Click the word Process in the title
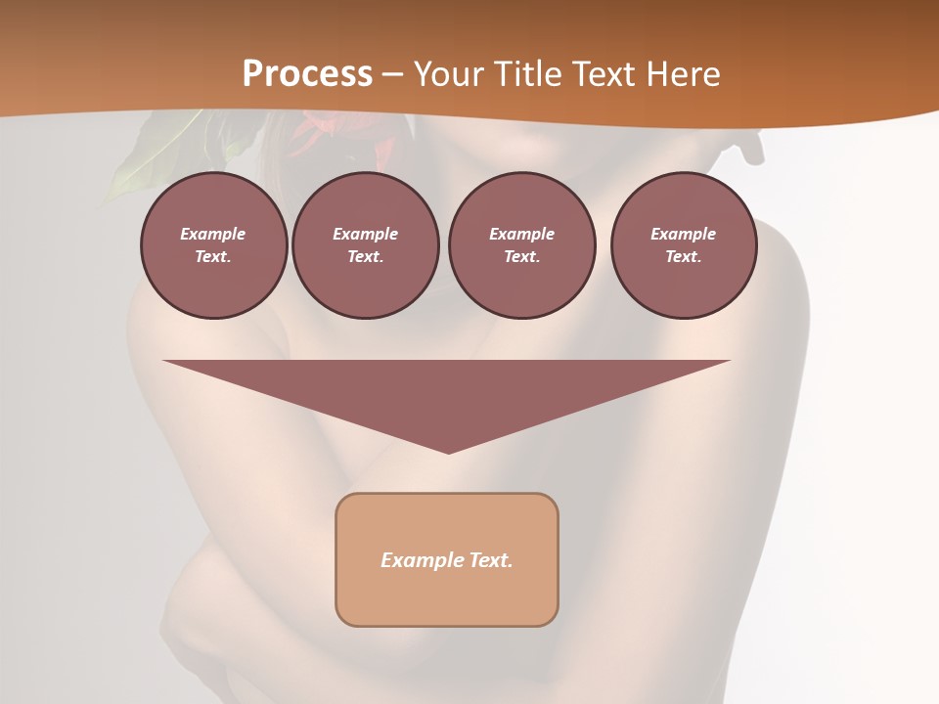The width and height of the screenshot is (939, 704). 307,73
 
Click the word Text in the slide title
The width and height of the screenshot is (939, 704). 606,74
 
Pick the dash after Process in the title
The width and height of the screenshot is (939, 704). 392,75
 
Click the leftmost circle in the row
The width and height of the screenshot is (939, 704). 213,245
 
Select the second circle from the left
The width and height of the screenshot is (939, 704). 366,245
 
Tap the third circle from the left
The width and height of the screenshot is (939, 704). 521,245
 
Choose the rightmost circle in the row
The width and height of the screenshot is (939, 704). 683,245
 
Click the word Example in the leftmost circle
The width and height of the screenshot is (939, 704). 213,234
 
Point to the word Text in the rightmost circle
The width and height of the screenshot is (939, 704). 683,257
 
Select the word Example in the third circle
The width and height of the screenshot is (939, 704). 521,234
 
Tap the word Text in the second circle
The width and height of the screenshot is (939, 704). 365,257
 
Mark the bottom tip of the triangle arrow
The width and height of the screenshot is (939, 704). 448,452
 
